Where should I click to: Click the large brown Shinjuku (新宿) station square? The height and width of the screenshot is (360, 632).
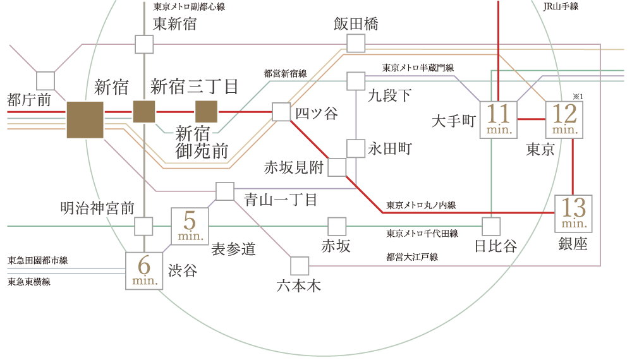pos(85,119)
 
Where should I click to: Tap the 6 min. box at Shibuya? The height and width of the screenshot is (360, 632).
pos(145,271)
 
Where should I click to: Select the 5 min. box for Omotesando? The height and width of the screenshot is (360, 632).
pos(190,225)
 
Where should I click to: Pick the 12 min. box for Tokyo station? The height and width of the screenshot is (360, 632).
pos(564,119)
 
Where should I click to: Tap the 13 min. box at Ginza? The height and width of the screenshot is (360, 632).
pos(573,213)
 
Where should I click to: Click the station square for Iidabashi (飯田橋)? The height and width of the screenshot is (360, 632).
pos(356,43)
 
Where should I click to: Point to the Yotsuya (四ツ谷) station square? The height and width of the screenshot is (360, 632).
pos(281,112)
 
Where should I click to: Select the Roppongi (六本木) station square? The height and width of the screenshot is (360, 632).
pos(299,266)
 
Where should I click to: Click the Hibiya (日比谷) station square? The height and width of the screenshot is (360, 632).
pos(491,226)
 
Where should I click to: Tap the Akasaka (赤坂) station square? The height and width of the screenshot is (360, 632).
pos(337,226)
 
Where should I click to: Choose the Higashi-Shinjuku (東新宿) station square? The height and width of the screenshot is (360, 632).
pos(145,44)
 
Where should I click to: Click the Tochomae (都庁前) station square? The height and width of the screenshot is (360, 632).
pos(46,81)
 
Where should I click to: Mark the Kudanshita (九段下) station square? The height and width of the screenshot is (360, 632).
pos(356,81)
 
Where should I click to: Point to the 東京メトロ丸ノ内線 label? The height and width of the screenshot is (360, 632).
pos(422,205)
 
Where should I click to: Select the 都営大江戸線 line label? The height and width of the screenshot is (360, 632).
pos(412,256)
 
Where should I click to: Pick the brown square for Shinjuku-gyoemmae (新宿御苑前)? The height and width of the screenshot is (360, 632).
pos(206,112)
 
